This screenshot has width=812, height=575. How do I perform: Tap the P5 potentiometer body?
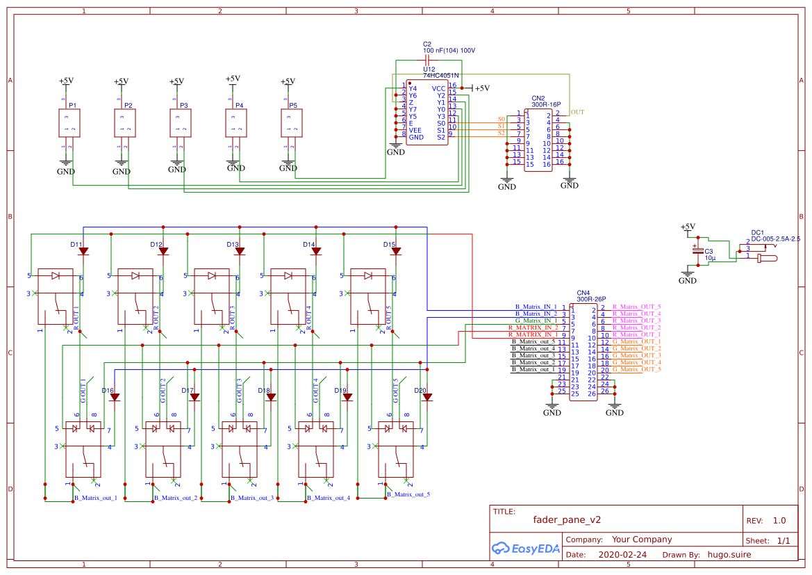coord(292,124)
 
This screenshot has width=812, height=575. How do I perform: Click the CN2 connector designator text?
coord(538,98)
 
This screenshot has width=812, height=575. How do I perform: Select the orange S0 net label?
coord(502,119)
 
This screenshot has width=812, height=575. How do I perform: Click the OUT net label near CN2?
coord(577,112)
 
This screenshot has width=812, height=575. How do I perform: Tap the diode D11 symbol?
coord(83,251)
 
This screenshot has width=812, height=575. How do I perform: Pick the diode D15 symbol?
coord(396,251)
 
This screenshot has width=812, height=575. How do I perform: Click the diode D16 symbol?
coord(115,397)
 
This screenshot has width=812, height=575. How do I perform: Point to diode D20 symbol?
coord(427,397)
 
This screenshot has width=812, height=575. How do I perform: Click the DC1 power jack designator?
coord(757,232)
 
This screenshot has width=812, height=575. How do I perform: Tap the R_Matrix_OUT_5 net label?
coord(636,307)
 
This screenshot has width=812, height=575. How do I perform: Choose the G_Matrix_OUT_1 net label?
coord(636,341)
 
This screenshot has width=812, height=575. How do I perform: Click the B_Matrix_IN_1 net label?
coord(536,307)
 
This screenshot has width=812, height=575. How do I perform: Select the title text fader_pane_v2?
coord(567,519)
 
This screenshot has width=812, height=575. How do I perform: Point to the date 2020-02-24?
coord(622,555)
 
